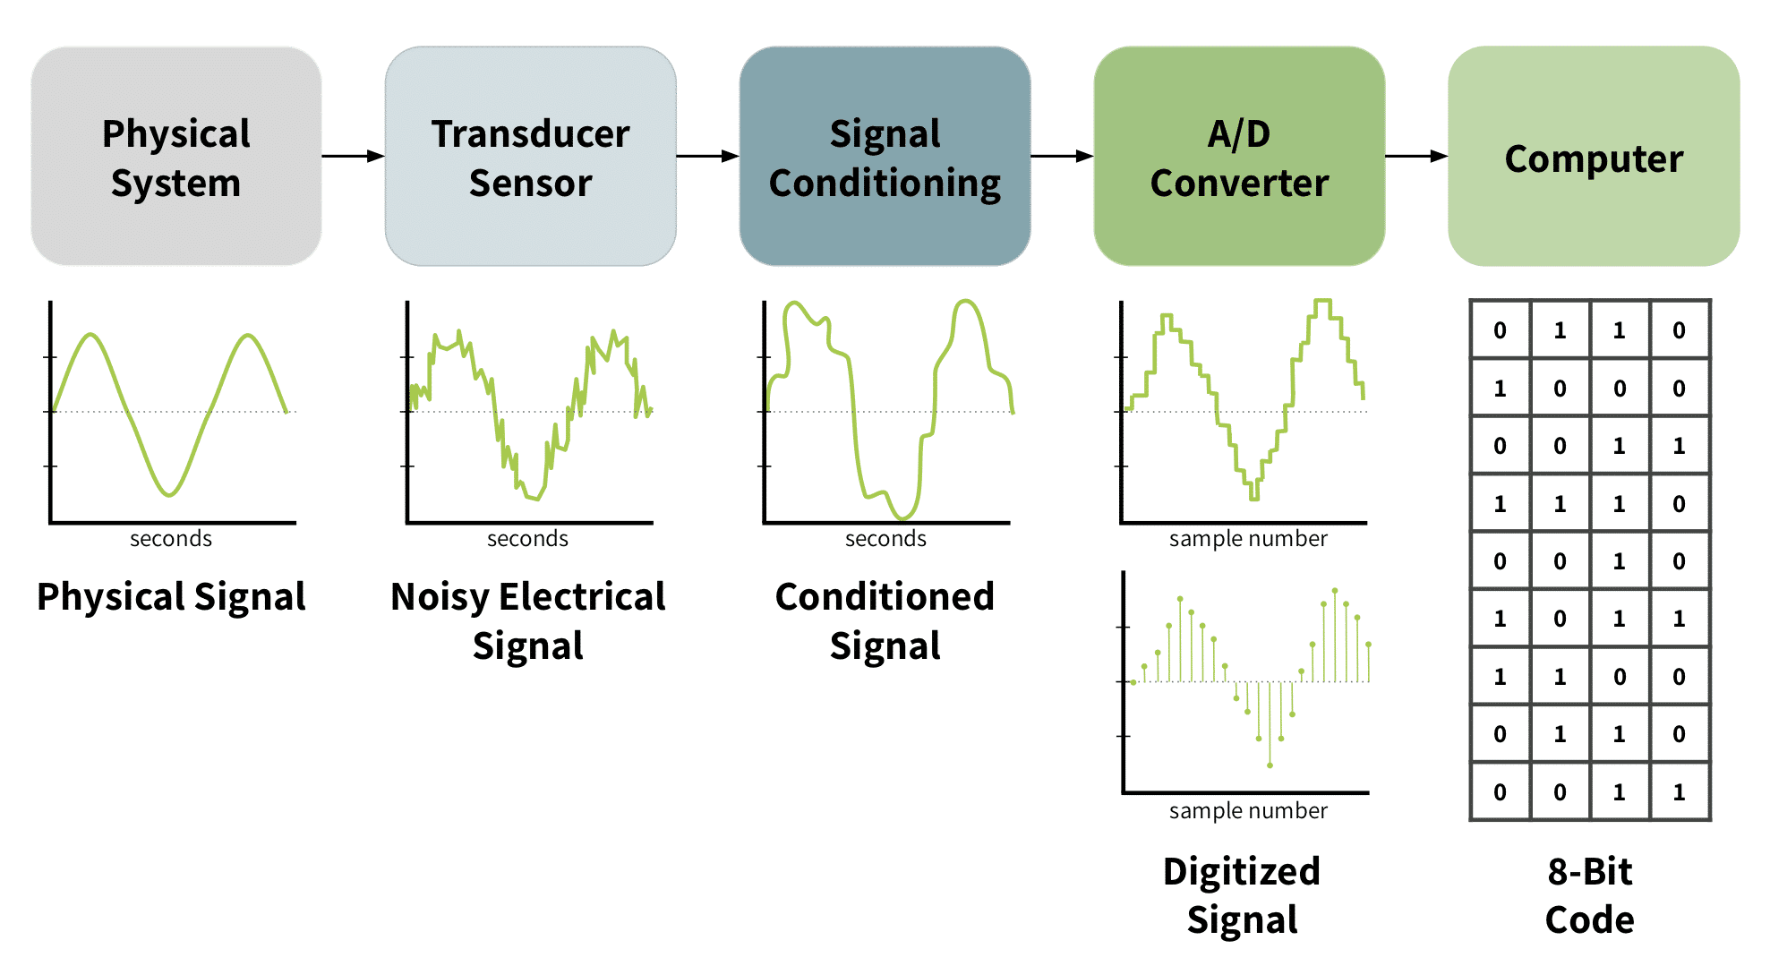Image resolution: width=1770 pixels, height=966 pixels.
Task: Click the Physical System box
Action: (176, 157)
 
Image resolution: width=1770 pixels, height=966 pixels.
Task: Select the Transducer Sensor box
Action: (530, 157)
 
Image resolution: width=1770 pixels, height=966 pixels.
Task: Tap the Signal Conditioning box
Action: (885, 157)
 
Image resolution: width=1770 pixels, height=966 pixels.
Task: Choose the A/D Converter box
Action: (1239, 157)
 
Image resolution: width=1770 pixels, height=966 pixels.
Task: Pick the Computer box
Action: (1594, 157)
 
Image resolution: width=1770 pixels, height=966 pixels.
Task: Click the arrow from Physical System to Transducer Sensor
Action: (354, 157)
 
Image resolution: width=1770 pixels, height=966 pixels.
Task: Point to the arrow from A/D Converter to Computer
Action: (1416, 157)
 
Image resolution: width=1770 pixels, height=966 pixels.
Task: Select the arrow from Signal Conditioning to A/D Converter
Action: (1062, 157)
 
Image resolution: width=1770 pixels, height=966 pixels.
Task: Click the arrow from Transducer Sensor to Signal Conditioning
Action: (707, 157)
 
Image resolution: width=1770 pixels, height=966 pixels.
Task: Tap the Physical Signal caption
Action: (171, 597)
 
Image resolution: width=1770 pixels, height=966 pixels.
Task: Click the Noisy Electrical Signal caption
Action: (528, 621)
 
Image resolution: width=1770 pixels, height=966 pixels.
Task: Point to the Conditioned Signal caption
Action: (885, 621)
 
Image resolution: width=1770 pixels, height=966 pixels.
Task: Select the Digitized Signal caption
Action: (1242, 895)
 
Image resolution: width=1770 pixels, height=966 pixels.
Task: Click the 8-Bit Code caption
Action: (1590, 895)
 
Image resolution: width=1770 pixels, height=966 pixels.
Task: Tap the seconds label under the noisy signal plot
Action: (527, 539)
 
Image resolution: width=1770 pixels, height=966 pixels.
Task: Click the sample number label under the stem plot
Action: (1248, 811)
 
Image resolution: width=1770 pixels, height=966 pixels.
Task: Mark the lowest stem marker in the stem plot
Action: (1270, 765)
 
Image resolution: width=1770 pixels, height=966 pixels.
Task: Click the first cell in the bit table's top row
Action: (1501, 330)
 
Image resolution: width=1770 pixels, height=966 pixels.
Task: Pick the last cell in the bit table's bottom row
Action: (1679, 792)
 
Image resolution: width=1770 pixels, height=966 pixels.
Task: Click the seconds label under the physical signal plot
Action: (171, 539)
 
